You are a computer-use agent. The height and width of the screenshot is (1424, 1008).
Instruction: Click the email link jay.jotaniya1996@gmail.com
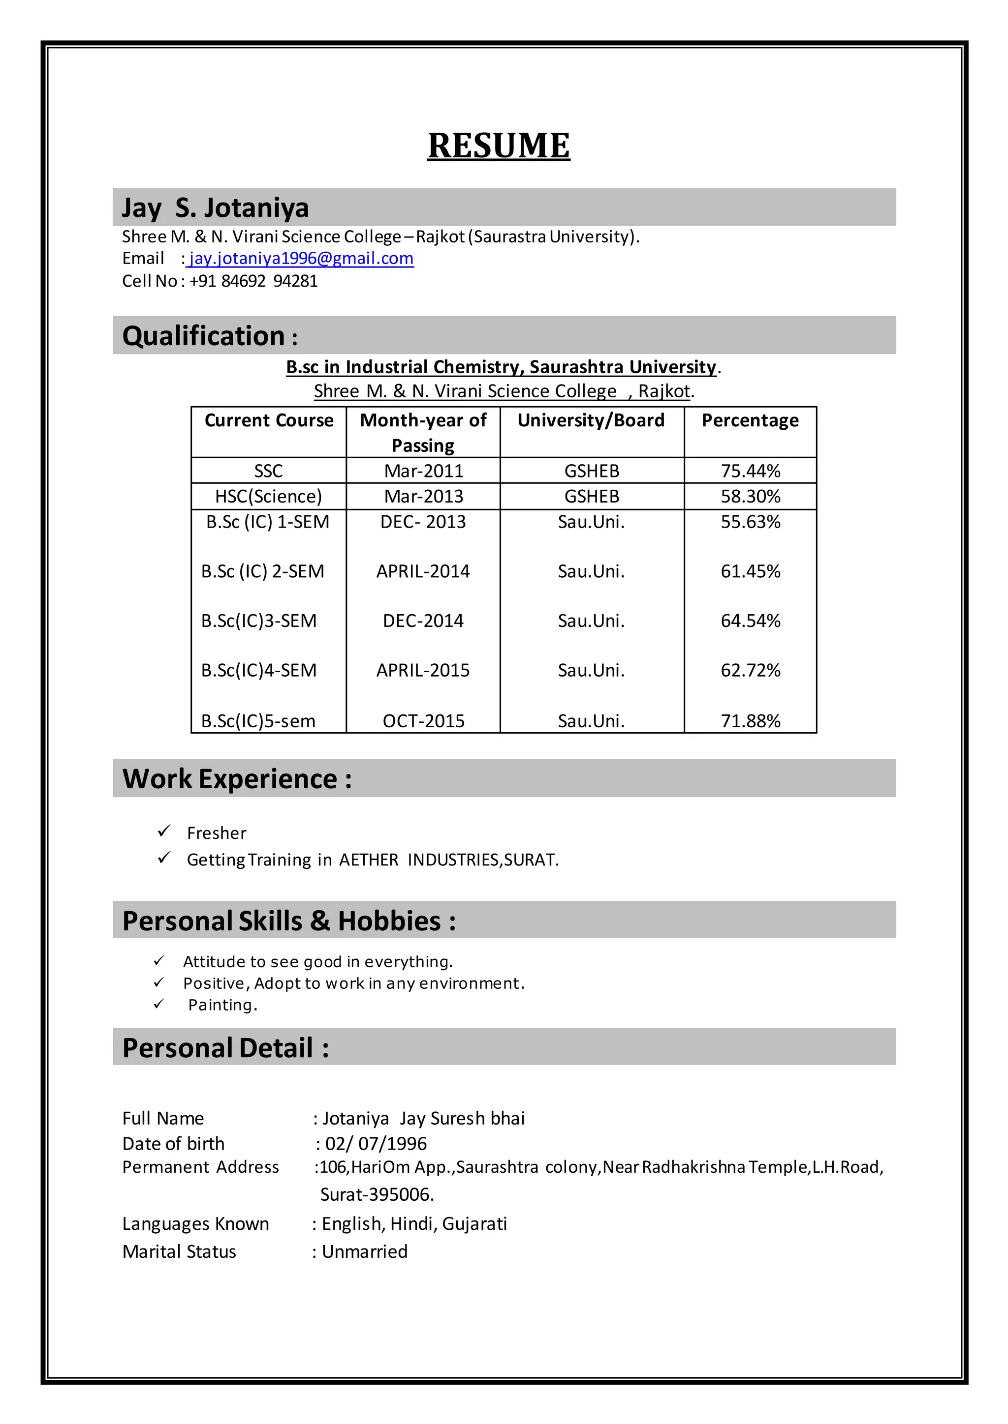tap(301, 258)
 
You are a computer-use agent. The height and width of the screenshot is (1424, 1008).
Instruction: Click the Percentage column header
tap(750, 420)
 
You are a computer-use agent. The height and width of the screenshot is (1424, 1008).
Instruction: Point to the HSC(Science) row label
tap(268, 496)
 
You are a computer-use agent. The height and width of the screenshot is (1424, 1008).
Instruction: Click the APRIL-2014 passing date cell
tap(423, 571)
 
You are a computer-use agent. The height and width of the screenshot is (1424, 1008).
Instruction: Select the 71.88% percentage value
tap(750, 721)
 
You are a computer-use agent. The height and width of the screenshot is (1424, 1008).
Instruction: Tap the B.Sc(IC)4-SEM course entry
tap(259, 670)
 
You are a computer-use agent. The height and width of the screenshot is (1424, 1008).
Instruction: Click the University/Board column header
tap(591, 420)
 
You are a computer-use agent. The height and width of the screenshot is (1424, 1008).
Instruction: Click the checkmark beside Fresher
tap(164, 831)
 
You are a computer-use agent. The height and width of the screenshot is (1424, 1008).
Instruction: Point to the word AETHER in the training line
tap(369, 860)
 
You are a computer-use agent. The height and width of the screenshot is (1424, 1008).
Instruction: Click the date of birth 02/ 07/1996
tap(376, 1143)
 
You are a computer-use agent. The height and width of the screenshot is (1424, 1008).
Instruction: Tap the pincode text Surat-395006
tap(377, 1194)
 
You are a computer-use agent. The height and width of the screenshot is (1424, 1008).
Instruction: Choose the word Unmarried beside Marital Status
tap(364, 1251)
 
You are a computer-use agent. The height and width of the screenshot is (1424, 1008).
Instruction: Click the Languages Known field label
tap(195, 1224)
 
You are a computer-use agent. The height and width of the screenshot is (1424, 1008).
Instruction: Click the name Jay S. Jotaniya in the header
tap(216, 208)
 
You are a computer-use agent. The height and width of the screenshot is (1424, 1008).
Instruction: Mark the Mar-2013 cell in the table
tap(423, 496)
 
